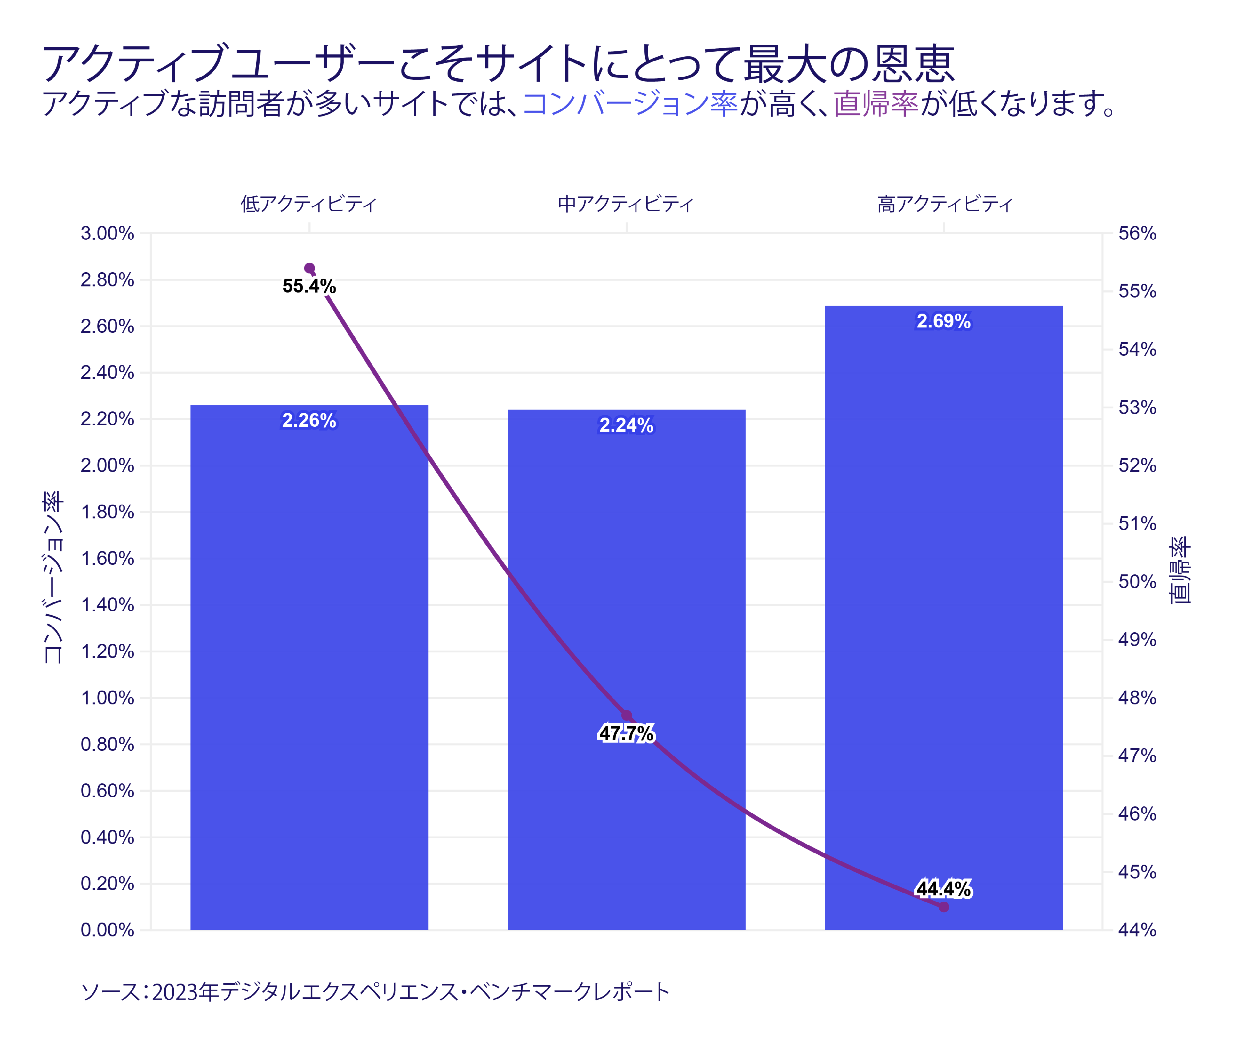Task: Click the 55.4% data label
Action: pos(309,286)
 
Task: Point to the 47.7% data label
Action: pos(626,733)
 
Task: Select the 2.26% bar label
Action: pos(309,420)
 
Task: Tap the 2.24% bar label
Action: pos(626,425)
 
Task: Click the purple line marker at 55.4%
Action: pos(309,268)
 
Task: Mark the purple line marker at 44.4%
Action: pos(944,907)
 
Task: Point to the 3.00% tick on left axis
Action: pos(108,233)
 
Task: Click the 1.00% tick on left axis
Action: pos(108,698)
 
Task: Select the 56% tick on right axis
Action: pos(1137,233)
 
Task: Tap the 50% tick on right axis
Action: pos(1137,582)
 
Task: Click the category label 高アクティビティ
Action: pos(945,204)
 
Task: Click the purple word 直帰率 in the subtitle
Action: pos(876,103)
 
